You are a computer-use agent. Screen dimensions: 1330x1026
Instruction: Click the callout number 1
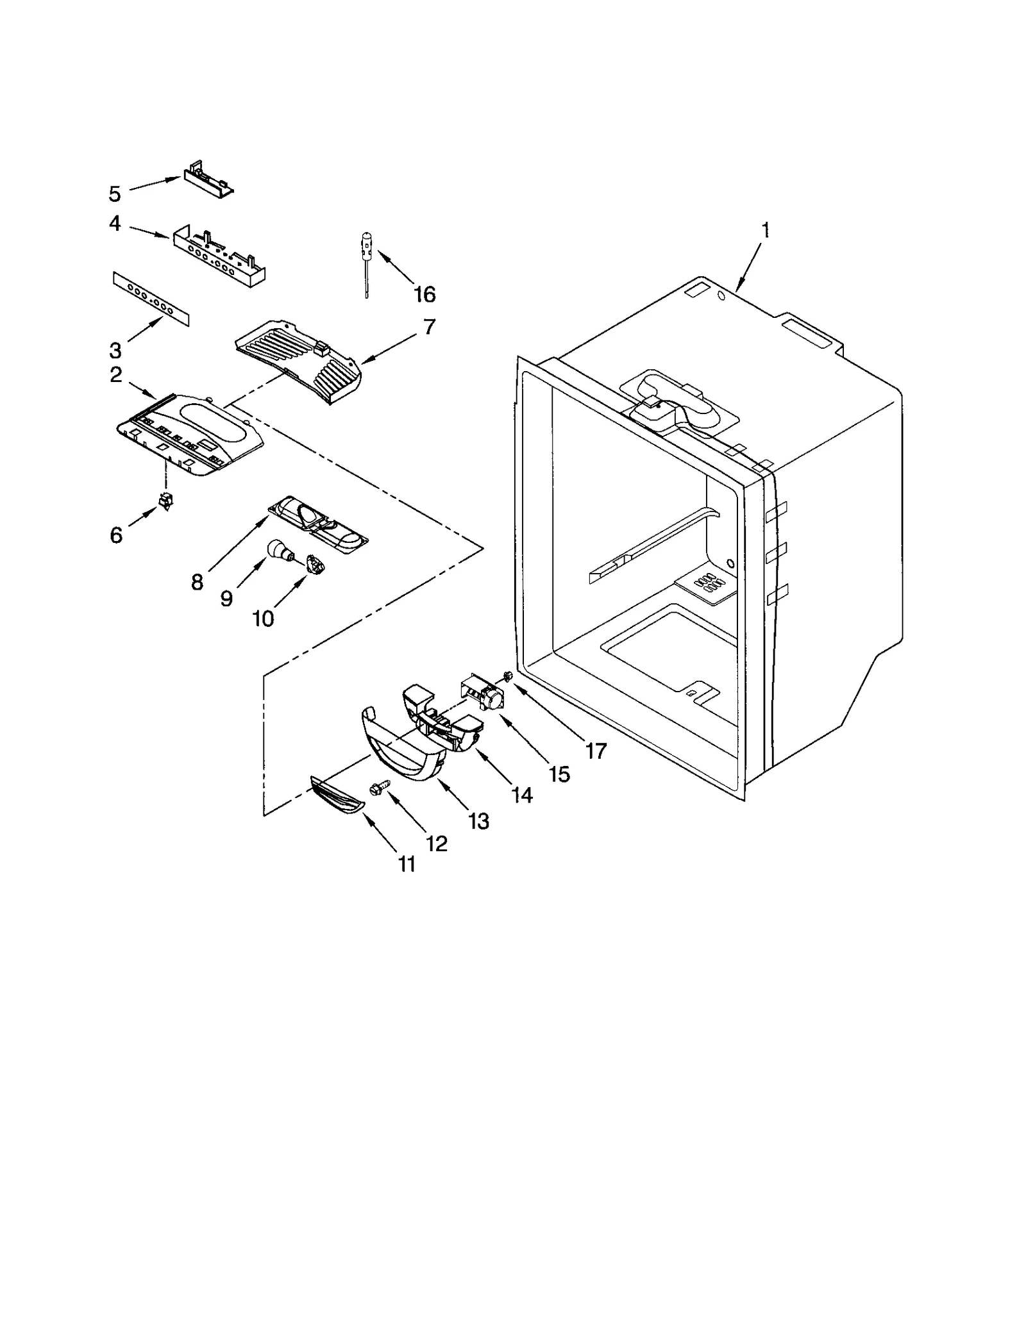pyautogui.click(x=764, y=231)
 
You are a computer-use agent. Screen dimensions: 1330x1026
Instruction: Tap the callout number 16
pyautogui.click(x=424, y=295)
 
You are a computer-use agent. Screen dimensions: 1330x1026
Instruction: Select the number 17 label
pyautogui.click(x=596, y=751)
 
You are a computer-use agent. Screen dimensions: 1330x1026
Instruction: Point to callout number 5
pyautogui.click(x=115, y=194)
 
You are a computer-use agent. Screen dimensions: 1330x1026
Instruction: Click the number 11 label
pyautogui.click(x=407, y=865)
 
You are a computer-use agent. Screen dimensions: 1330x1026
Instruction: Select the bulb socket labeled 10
pyautogui.click(x=315, y=565)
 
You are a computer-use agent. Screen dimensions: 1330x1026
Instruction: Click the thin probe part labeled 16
pyautogui.click(x=367, y=263)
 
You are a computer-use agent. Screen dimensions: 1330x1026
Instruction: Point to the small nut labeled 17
pyautogui.click(x=507, y=676)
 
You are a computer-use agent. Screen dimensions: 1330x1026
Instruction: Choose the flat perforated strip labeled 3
pyautogui.click(x=151, y=298)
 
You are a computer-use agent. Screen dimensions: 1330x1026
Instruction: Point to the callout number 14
pyautogui.click(x=523, y=795)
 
